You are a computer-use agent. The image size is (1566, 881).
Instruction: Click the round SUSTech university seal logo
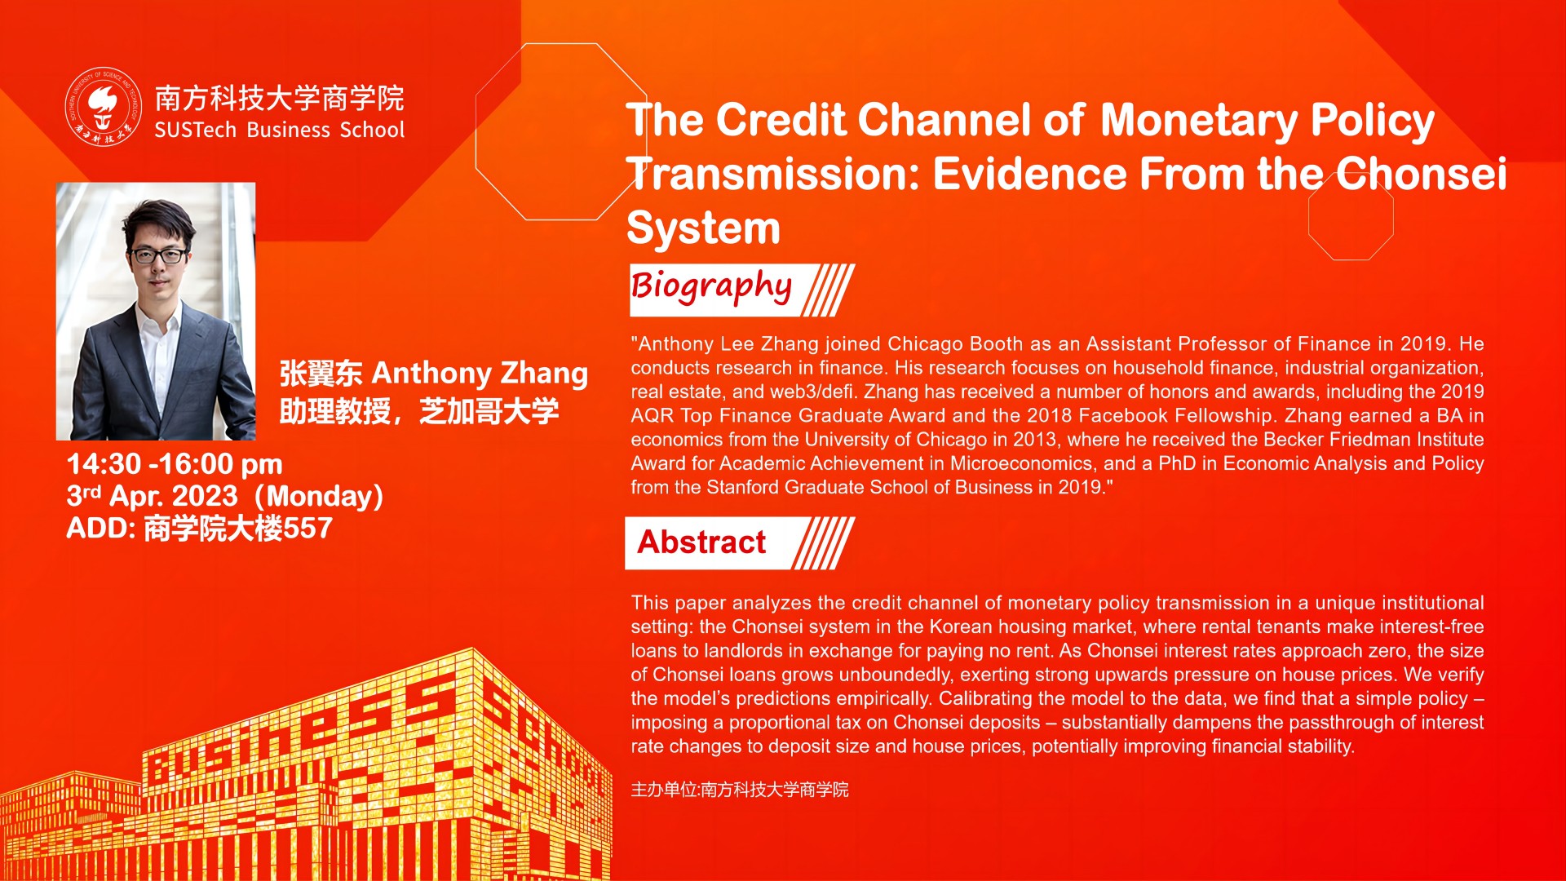104,107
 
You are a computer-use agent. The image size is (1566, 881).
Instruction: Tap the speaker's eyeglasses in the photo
158,255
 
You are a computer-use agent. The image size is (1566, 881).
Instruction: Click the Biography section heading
710,287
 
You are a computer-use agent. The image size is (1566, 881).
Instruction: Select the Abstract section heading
701,542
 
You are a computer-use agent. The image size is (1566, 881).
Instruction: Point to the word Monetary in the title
1198,121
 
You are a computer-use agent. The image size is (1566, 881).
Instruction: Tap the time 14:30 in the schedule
104,464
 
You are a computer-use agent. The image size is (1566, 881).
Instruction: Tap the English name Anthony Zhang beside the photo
480,374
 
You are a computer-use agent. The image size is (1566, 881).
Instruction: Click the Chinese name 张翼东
321,374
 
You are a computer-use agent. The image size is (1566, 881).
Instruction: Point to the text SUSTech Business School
280,130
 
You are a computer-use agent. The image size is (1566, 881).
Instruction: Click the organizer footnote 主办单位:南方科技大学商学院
740,790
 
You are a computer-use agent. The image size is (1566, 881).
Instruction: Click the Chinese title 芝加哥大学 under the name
489,411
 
